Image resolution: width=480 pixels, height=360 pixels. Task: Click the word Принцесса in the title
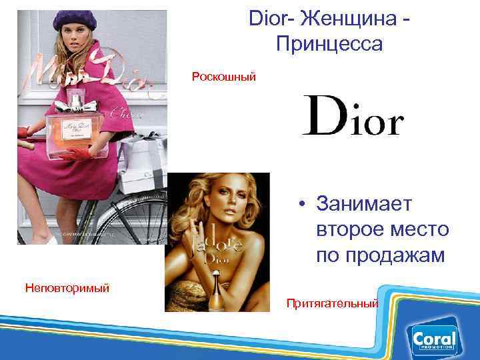(328, 44)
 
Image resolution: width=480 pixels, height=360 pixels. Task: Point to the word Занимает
(365, 203)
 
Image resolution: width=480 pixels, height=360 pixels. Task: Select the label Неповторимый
(67, 288)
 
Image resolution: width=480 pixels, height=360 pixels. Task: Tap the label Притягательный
(332, 303)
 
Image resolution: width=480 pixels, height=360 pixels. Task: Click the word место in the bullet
(419, 229)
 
